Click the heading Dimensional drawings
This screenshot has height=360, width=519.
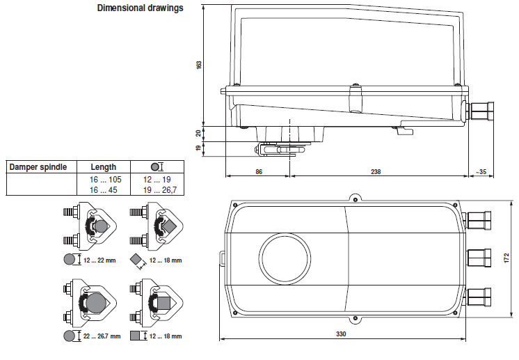140,8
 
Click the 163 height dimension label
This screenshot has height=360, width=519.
199,64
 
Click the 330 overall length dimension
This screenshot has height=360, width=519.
341,334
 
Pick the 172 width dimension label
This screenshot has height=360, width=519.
506,258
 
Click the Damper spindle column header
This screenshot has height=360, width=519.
38,167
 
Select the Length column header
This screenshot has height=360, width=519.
104,167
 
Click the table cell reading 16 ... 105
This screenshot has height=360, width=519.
104,179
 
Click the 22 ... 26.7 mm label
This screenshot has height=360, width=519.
102,336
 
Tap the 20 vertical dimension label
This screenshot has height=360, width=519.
199,132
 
